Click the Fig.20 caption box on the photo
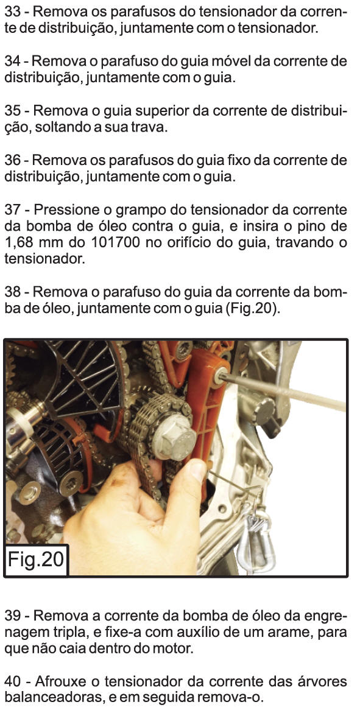point(36,560)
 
